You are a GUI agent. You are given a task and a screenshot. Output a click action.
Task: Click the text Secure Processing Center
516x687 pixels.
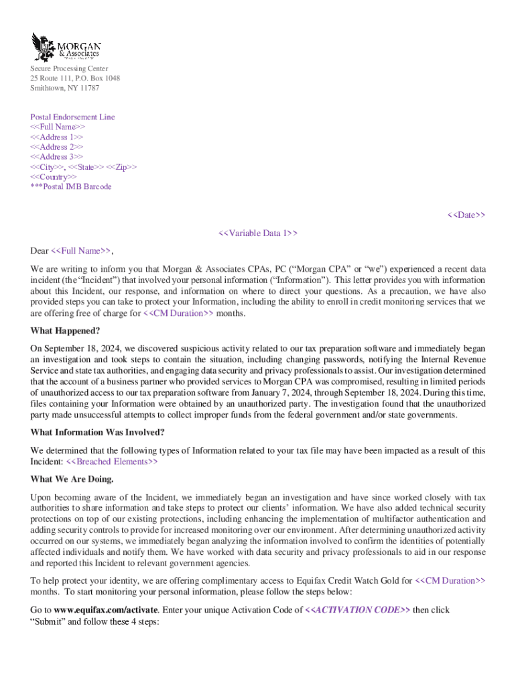pyautogui.click(x=69, y=68)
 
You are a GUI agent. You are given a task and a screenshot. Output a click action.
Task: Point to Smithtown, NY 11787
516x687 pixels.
pyautogui.click(x=64, y=88)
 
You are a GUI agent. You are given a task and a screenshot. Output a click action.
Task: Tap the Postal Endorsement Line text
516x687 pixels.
pyautogui.click(x=72, y=117)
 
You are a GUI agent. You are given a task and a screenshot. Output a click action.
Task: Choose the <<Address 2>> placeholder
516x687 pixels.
pyautogui.click(x=57, y=147)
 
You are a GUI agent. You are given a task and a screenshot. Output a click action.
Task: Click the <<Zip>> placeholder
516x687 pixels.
pyautogui.click(x=122, y=167)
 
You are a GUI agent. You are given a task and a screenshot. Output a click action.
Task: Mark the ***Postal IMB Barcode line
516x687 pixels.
pyautogui.click(x=71, y=187)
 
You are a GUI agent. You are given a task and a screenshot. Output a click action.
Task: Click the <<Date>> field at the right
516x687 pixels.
pyautogui.click(x=466, y=215)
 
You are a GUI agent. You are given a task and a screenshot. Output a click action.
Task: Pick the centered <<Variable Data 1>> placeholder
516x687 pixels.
pyautogui.click(x=258, y=233)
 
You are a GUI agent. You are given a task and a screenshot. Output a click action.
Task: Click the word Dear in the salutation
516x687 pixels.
pyautogui.click(x=40, y=251)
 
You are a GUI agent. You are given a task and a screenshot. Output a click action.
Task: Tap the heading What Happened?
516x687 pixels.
pyautogui.click(x=64, y=330)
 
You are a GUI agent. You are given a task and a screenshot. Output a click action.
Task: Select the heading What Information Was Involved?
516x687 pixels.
pyautogui.click(x=97, y=431)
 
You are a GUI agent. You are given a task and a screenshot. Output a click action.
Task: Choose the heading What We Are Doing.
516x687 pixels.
pyautogui.click(x=72, y=479)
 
